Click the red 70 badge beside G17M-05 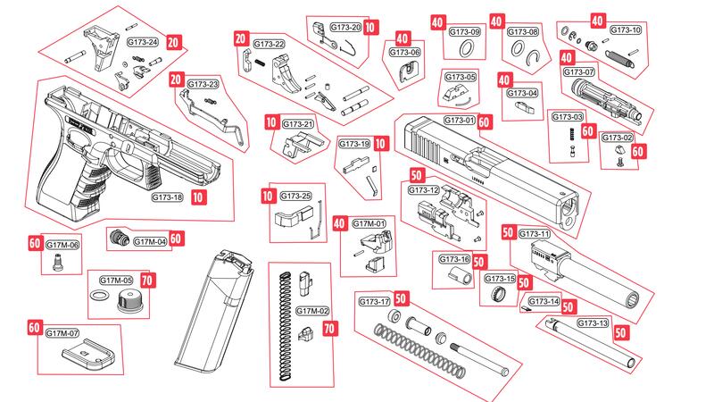coord(146,280)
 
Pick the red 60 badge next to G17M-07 coord(34,327)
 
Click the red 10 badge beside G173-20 coord(369,28)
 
